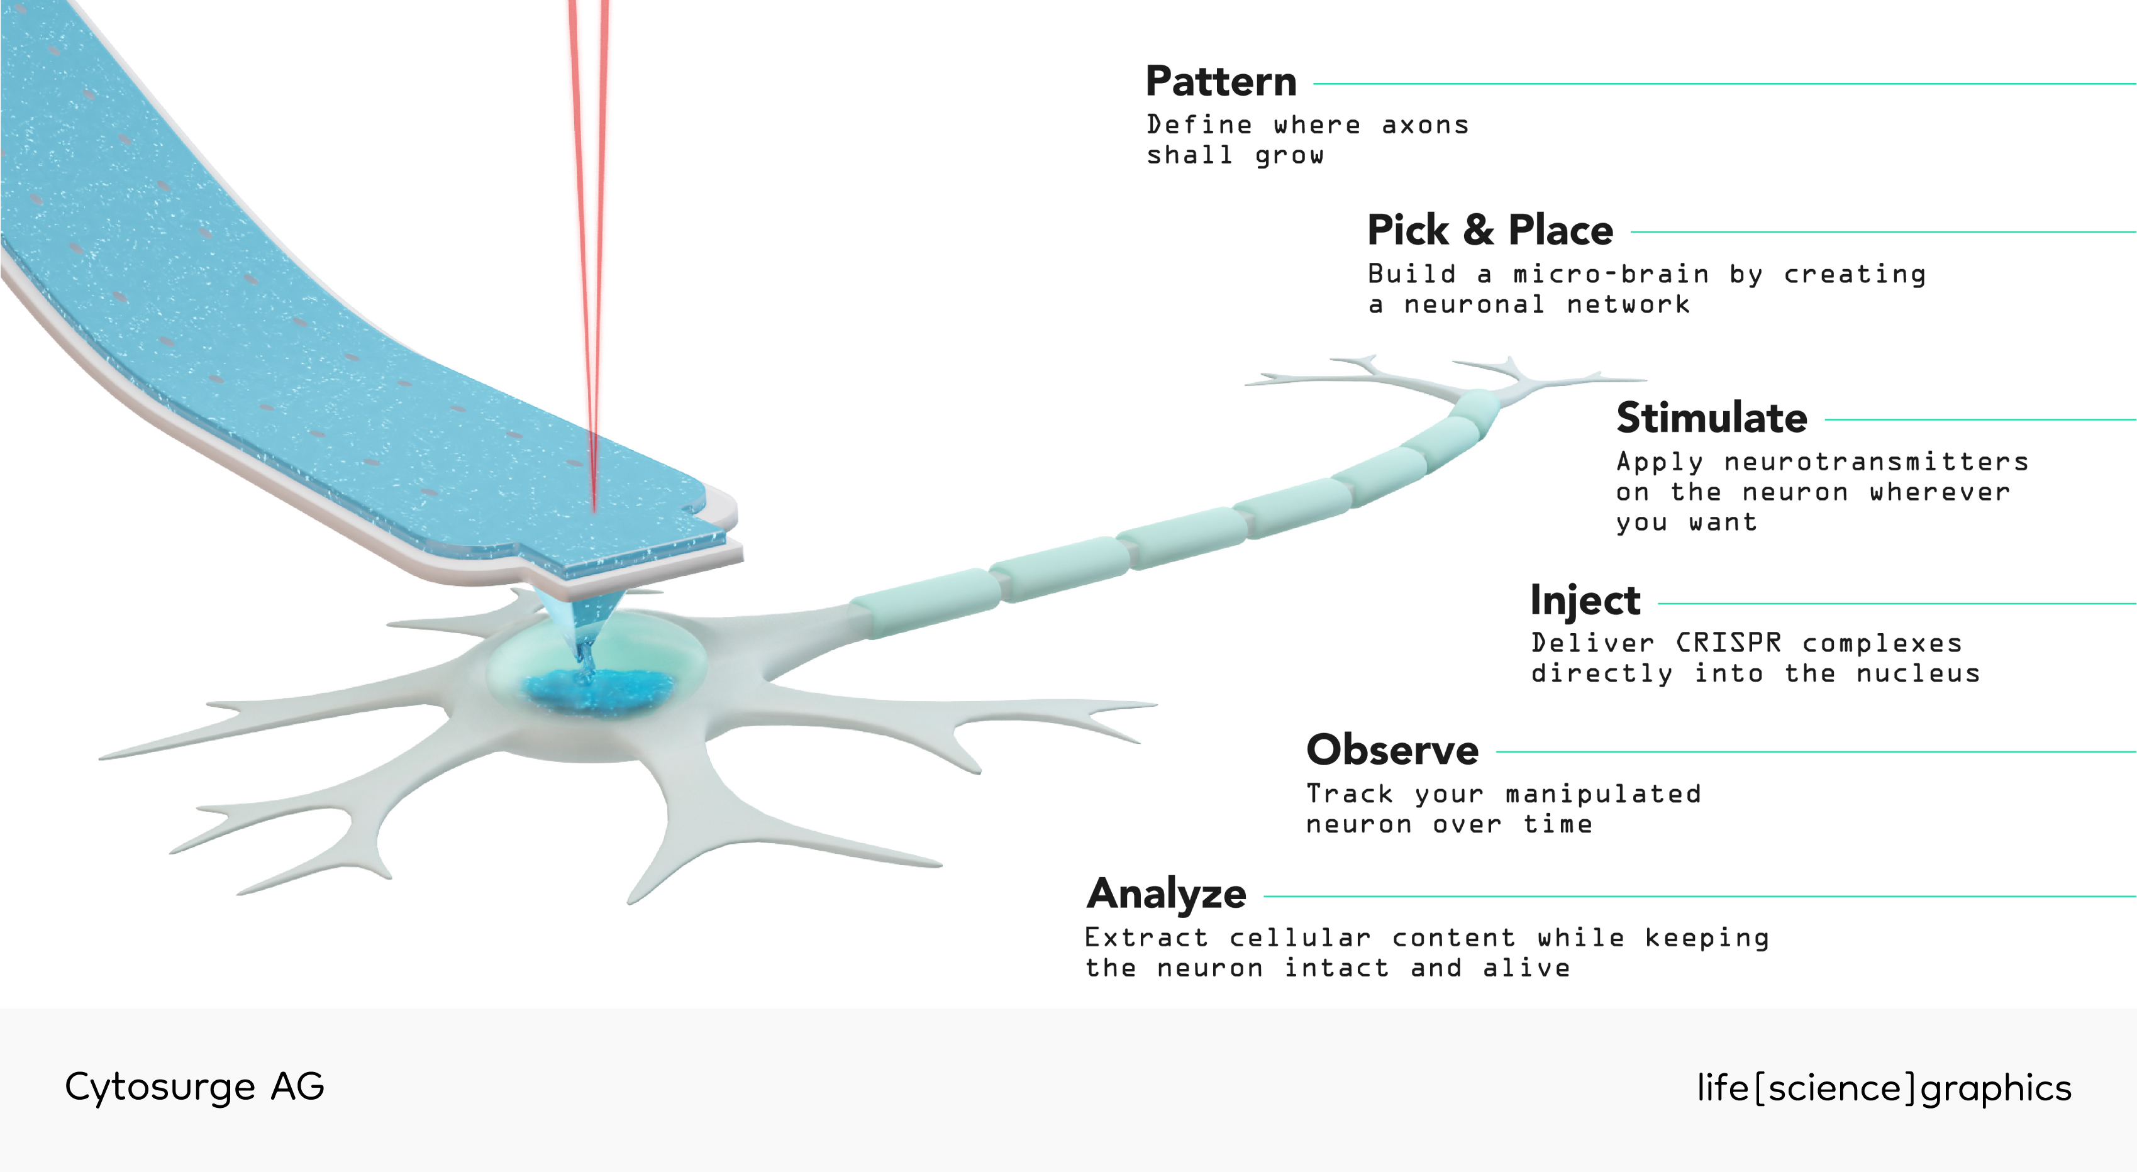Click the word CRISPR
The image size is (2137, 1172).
click(1729, 643)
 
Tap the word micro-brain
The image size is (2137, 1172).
click(1611, 274)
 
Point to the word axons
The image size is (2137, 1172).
click(1425, 125)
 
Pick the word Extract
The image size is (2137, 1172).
click(1146, 937)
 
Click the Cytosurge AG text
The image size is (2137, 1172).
click(195, 1086)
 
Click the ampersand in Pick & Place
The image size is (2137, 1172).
click(1479, 229)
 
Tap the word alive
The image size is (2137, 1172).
click(1526, 968)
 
